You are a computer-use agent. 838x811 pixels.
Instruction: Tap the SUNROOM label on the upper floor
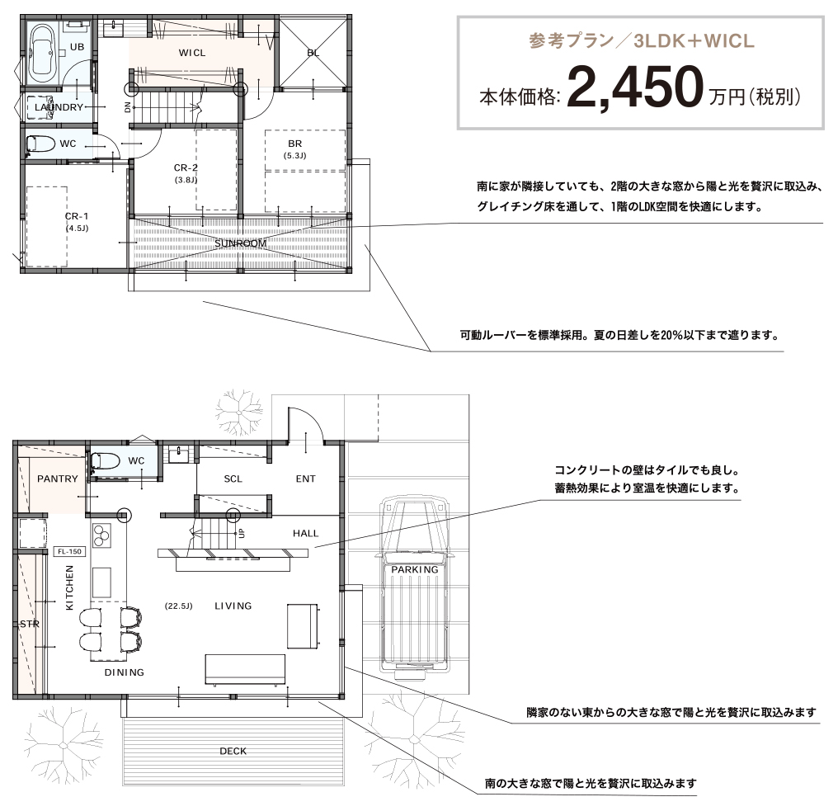(x=241, y=243)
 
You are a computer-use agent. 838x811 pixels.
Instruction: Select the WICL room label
(x=192, y=53)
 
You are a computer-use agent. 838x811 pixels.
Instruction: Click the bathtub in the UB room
(x=43, y=53)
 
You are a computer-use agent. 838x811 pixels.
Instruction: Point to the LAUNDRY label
(x=59, y=107)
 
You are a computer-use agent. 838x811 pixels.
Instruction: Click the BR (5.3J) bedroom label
(x=294, y=149)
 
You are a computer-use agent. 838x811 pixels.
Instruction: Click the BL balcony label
(x=313, y=53)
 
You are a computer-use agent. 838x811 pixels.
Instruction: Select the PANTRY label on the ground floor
(x=57, y=479)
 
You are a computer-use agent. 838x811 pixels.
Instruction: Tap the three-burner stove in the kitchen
(x=101, y=535)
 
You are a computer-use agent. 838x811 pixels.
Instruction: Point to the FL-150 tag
(x=69, y=551)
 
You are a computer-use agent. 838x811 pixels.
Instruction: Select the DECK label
(x=233, y=751)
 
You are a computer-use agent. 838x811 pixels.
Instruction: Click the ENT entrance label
(x=306, y=479)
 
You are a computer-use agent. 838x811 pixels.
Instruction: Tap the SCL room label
(x=233, y=479)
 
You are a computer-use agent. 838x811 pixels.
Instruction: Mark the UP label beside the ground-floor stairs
(x=242, y=533)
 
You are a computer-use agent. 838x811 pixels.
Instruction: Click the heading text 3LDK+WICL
(x=694, y=40)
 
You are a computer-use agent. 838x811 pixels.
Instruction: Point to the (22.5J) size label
(x=178, y=606)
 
